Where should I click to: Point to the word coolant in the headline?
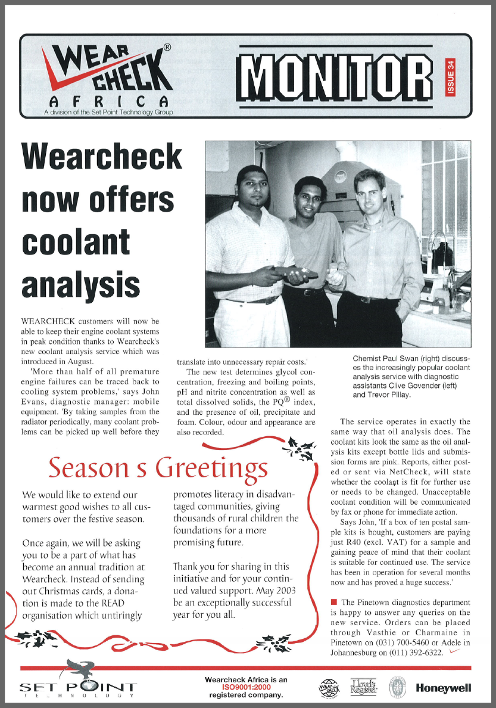pos(76,241)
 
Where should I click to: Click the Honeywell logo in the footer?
pos(444,688)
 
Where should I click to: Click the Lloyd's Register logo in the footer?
pos(364,687)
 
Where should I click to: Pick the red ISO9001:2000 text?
pos(246,687)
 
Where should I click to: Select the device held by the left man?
pos(295,273)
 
